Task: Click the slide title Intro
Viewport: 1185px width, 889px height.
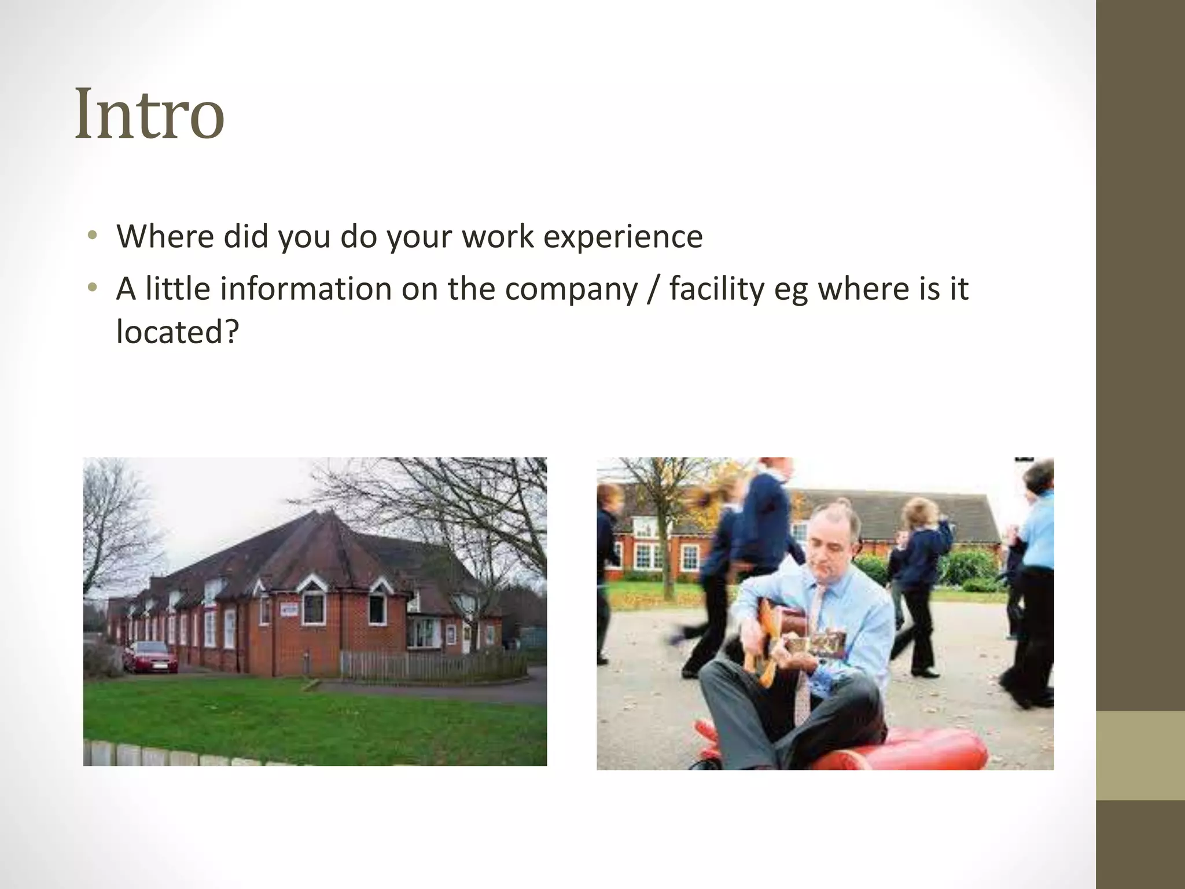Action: tap(149, 113)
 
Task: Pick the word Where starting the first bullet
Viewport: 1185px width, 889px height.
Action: tap(165, 237)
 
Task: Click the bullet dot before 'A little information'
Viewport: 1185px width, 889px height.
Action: tap(91, 288)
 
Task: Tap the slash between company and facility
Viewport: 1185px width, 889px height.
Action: tap(653, 289)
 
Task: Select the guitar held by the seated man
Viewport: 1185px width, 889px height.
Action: tap(798, 637)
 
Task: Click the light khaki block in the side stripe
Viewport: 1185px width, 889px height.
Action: tap(1140, 755)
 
